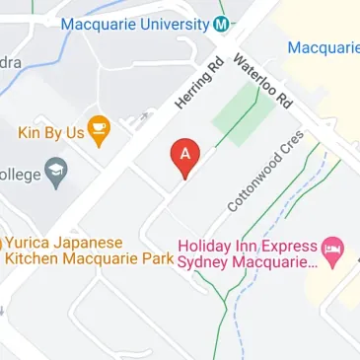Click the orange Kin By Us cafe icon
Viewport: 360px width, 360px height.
(x=98, y=130)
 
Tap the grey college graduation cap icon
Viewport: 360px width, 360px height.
(x=55, y=176)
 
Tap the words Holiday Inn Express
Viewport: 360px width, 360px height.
(x=248, y=247)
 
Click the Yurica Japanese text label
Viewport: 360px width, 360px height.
(x=65, y=243)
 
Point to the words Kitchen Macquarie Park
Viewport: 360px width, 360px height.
(x=89, y=259)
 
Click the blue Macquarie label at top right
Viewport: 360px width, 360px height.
(x=323, y=46)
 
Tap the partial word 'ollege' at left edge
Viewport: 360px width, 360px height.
(x=20, y=176)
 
